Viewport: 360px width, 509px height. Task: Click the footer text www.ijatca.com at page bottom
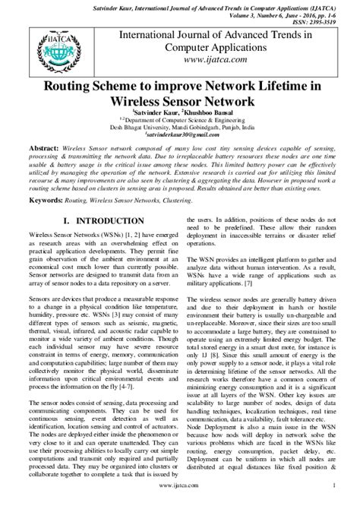(x=179, y=504)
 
